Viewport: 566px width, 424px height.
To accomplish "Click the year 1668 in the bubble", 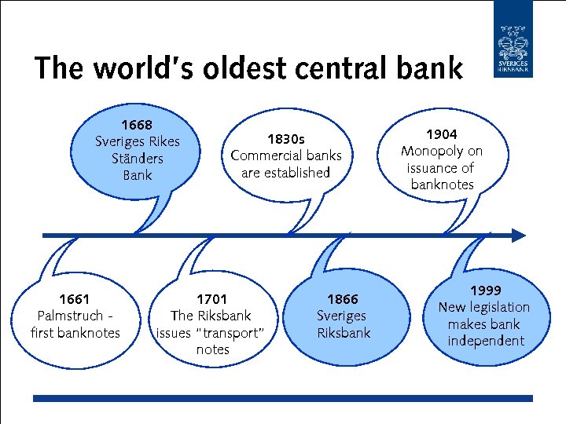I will [137, 125].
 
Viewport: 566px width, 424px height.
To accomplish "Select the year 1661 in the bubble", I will [75, 298].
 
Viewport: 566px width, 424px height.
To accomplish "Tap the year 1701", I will [211, 298].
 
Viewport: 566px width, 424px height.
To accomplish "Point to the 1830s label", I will [286, 139].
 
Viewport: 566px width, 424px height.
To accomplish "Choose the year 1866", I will [342, 298].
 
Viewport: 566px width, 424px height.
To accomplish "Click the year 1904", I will [441, 134].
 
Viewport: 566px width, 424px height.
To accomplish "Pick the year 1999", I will [485, 290].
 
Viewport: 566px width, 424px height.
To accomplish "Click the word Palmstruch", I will [69, 316].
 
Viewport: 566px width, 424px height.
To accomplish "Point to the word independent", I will [485, 341].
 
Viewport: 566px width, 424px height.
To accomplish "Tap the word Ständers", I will [137, 159].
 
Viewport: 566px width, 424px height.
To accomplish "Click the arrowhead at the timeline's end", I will [518, 235].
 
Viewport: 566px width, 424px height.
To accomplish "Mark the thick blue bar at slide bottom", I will [282, 399].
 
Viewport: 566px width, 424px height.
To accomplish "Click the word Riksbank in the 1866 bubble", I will [343, 332].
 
